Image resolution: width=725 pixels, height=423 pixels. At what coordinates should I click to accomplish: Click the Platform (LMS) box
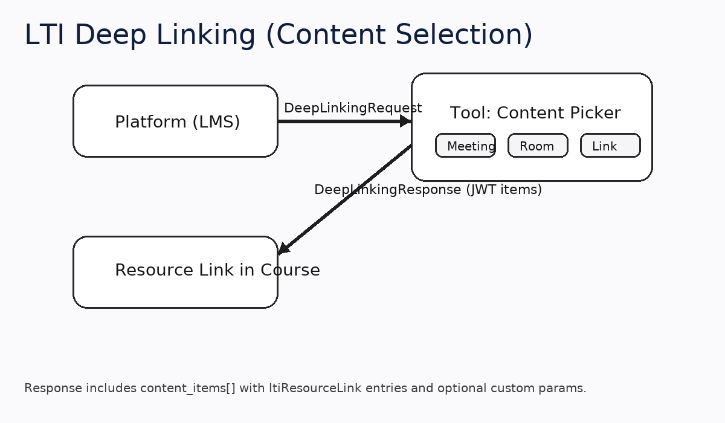tap(175, 121)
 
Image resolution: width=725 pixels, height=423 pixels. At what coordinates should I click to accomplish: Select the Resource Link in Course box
tap(175, 272)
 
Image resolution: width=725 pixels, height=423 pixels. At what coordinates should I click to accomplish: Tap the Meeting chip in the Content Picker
tap(465, 146)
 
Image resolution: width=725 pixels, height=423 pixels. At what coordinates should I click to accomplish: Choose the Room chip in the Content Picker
tap(538, 146)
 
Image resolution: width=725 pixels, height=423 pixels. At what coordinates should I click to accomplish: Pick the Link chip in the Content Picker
tap(610, 146)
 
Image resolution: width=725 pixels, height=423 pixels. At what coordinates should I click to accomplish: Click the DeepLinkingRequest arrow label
tap(353, 108)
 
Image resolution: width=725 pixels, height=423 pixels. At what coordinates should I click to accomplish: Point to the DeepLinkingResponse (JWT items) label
tap(428, 190)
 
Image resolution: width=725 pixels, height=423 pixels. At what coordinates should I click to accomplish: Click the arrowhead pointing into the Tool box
tap(405, 121)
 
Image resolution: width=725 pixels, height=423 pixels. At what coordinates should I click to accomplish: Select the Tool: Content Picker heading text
tap(535, 113)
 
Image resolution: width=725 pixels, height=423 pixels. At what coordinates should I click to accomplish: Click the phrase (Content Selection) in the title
tap(399, 35)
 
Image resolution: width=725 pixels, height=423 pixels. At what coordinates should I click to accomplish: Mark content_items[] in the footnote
tap(188, 389)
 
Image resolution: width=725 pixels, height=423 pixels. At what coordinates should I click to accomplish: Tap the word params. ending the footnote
tap(566, 389)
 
